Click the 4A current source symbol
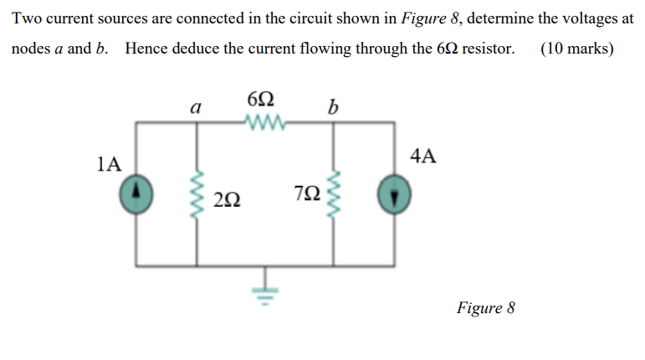click(x=393, y=195)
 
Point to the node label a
click(x=196, y=106)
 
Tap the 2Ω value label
click(x=228, y=199)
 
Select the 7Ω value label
click(x=308, y=194)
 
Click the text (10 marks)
click(x=576, y=48)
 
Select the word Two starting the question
click(x=27, y=18)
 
